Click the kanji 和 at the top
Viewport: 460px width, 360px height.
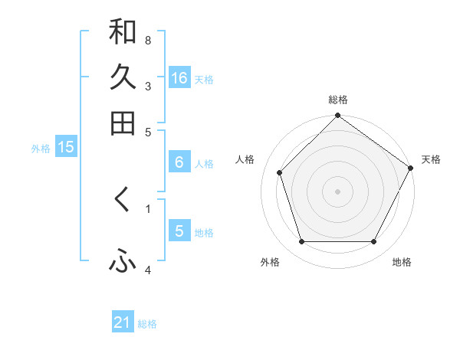[x=123, y=31]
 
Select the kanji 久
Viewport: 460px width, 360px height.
[x=123, y=77]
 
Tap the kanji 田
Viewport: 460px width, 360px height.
[x=123, y=123]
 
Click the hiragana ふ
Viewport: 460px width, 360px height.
[x=123, y=262]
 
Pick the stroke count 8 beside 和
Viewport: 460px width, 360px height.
[x=147, y=40]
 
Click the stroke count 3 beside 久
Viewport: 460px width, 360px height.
[x=147, y=86]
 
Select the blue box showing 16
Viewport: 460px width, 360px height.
[x=179, y=77]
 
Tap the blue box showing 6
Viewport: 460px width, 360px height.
[x=179, y=162]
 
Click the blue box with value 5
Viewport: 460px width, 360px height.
[x=179, y=231]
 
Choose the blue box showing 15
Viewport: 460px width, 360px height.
[x=66, y=147]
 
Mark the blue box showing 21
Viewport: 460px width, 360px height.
[x=123, y=322]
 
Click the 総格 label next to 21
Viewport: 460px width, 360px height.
[x=147, y=324]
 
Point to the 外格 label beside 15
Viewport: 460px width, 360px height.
[x=41, y=149]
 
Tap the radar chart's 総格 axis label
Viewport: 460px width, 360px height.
[x=337, y=100]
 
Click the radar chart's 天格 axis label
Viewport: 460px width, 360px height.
[x=431, y=159]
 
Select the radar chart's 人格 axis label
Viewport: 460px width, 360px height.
[x=245, y=159]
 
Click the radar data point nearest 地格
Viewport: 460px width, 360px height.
[x=373, y=242]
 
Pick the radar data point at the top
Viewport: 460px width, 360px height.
[x=337, y=116]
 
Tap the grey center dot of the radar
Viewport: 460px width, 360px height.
[x=337, y=191]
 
